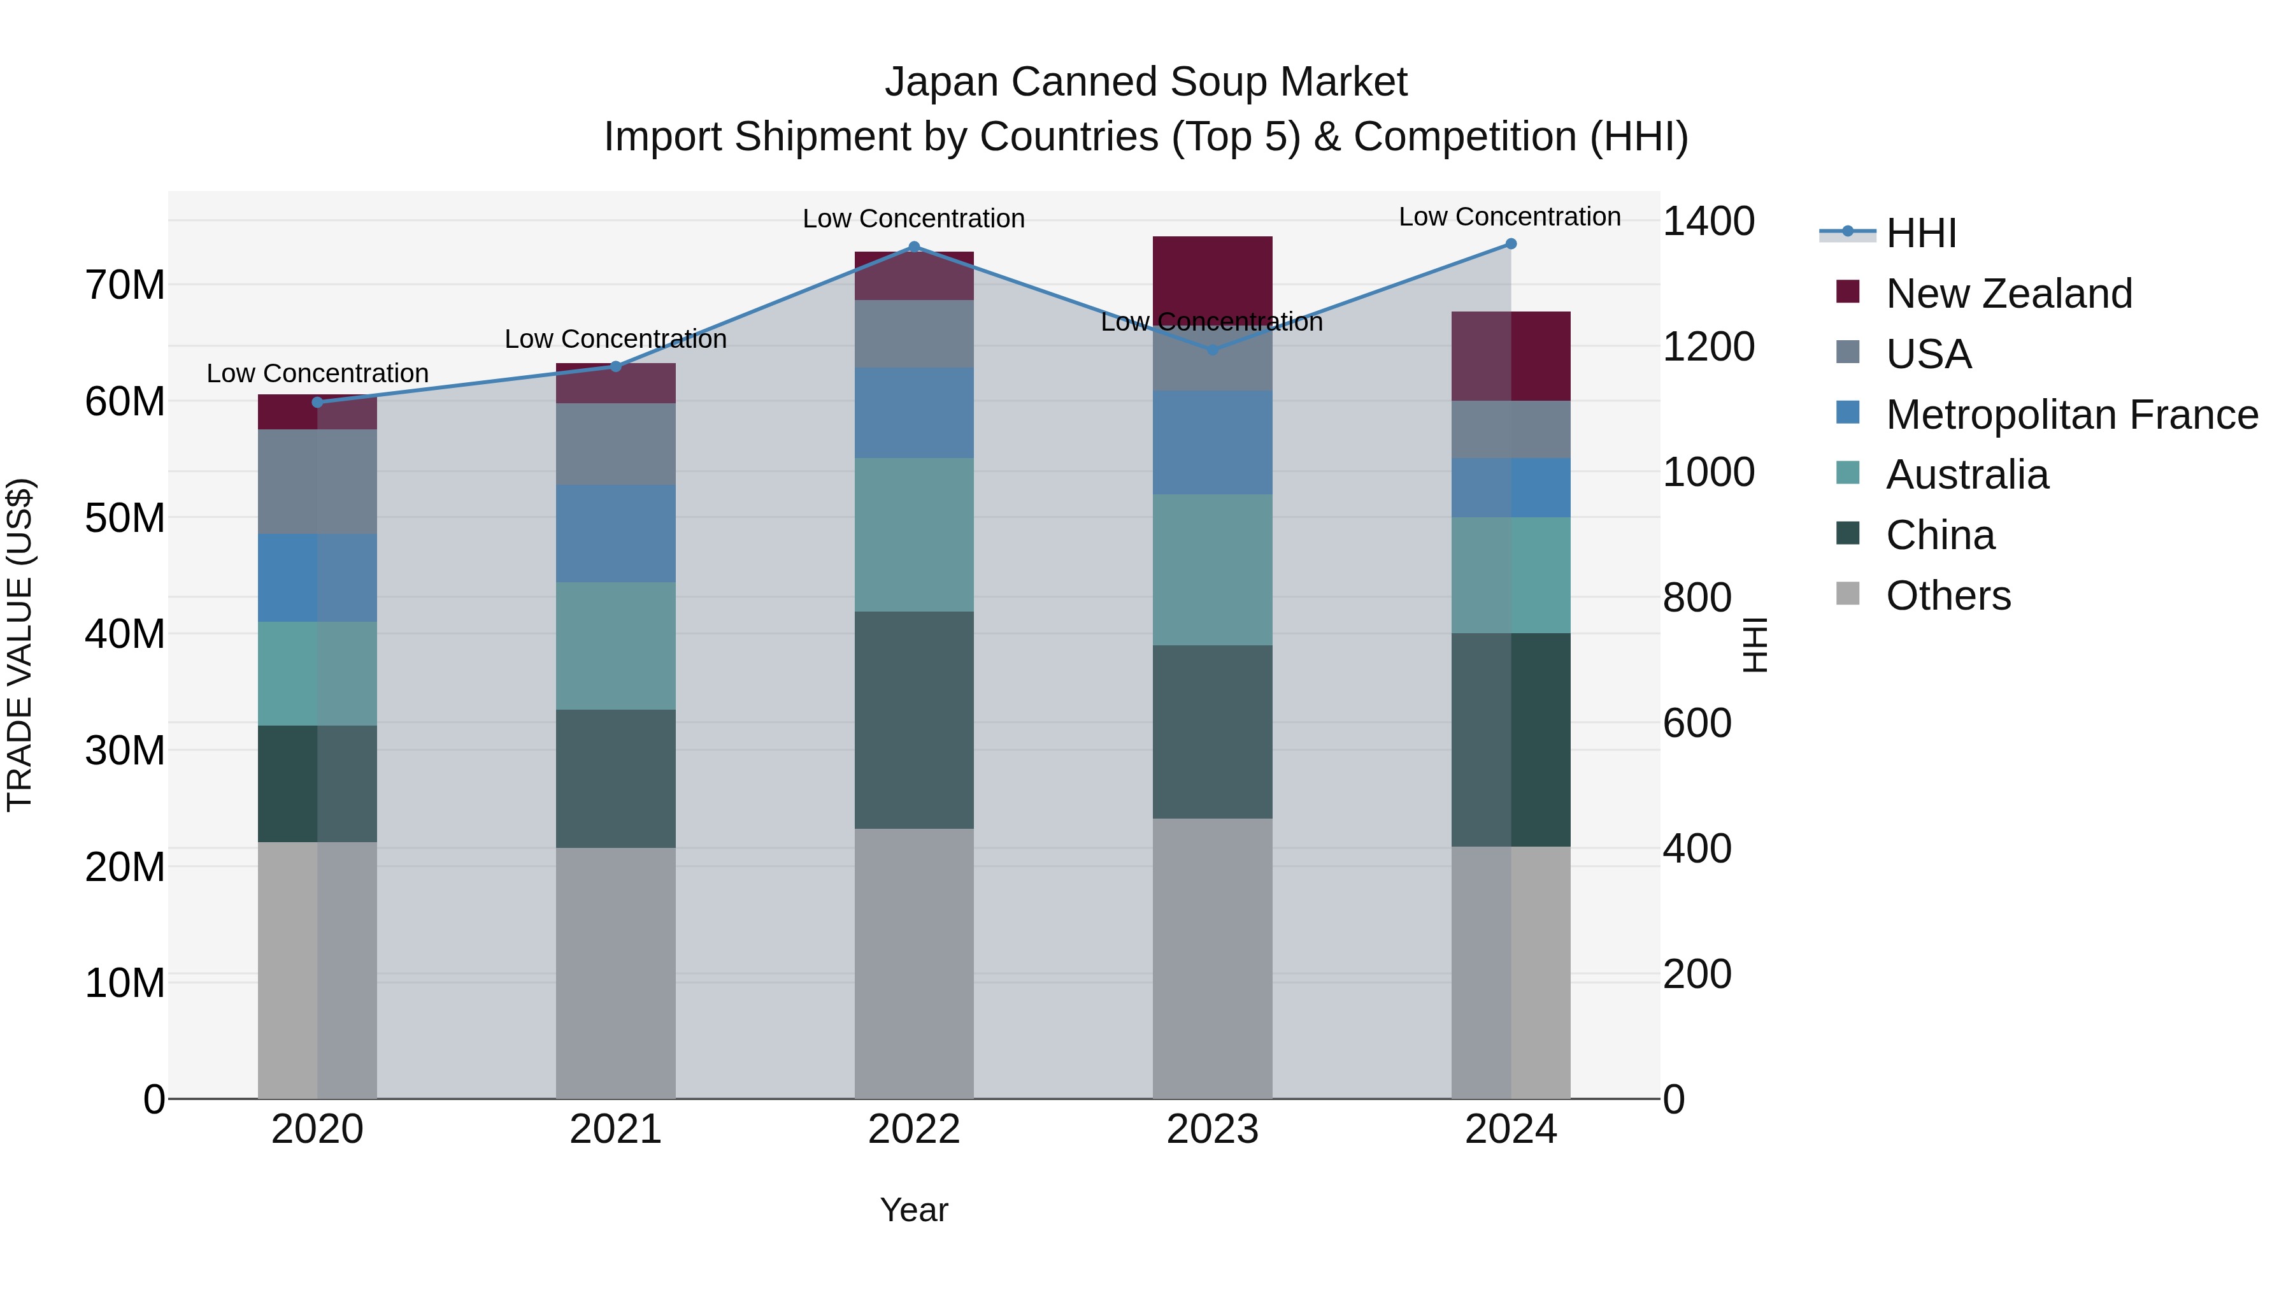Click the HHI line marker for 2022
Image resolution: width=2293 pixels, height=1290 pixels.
click(913, 247)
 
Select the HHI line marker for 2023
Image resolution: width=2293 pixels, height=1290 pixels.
click(1211, 350)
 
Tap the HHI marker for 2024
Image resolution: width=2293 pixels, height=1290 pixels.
click(1511, 244)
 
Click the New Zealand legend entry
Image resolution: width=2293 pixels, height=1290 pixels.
click(2008, 293)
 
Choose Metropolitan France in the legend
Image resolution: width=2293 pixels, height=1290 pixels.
click(2071, 414)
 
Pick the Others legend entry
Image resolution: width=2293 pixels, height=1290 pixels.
click(1948, 595)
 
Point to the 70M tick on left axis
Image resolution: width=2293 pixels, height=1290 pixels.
click(125, 286)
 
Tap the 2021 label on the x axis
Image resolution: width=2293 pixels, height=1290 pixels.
click(615, 1129)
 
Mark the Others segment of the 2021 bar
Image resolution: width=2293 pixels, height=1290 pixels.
click(615, 972)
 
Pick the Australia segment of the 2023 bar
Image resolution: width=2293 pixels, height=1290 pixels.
click(1211, 570)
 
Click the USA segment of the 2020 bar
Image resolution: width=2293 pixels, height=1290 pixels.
click(317, 481)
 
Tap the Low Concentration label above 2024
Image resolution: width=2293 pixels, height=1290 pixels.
click(1509, 217)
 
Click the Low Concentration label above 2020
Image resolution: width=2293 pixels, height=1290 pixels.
click(317, 373)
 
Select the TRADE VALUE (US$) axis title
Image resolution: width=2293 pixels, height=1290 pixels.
click(20, 645)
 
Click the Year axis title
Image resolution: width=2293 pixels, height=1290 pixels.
click(913, 1210)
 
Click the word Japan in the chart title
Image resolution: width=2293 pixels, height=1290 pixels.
click(941, 82)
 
